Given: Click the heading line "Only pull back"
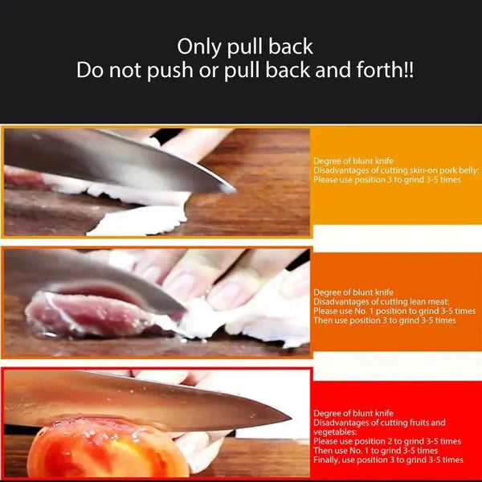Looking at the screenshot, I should (245, 46).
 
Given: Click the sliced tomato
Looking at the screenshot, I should (104, 450).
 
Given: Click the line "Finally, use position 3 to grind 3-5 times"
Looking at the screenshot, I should (388, 460).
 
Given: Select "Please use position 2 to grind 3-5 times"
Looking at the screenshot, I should (387, 441).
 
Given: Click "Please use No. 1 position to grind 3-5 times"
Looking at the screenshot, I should (394, 311).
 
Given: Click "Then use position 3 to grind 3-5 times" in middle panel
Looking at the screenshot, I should (384, 321).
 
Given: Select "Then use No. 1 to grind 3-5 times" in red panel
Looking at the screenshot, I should (378, 451).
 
